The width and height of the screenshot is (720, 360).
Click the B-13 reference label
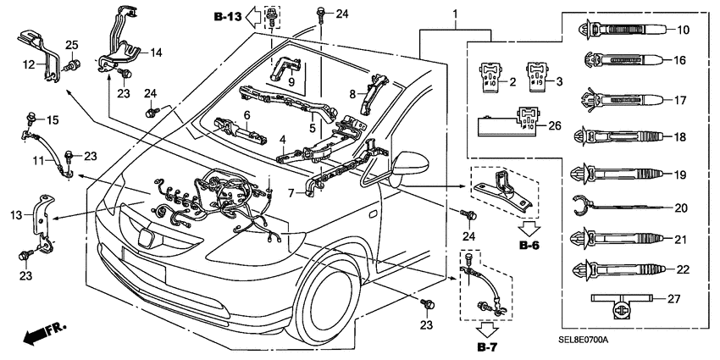tap(227, 16)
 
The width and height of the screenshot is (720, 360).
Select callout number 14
tap(156, 53)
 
